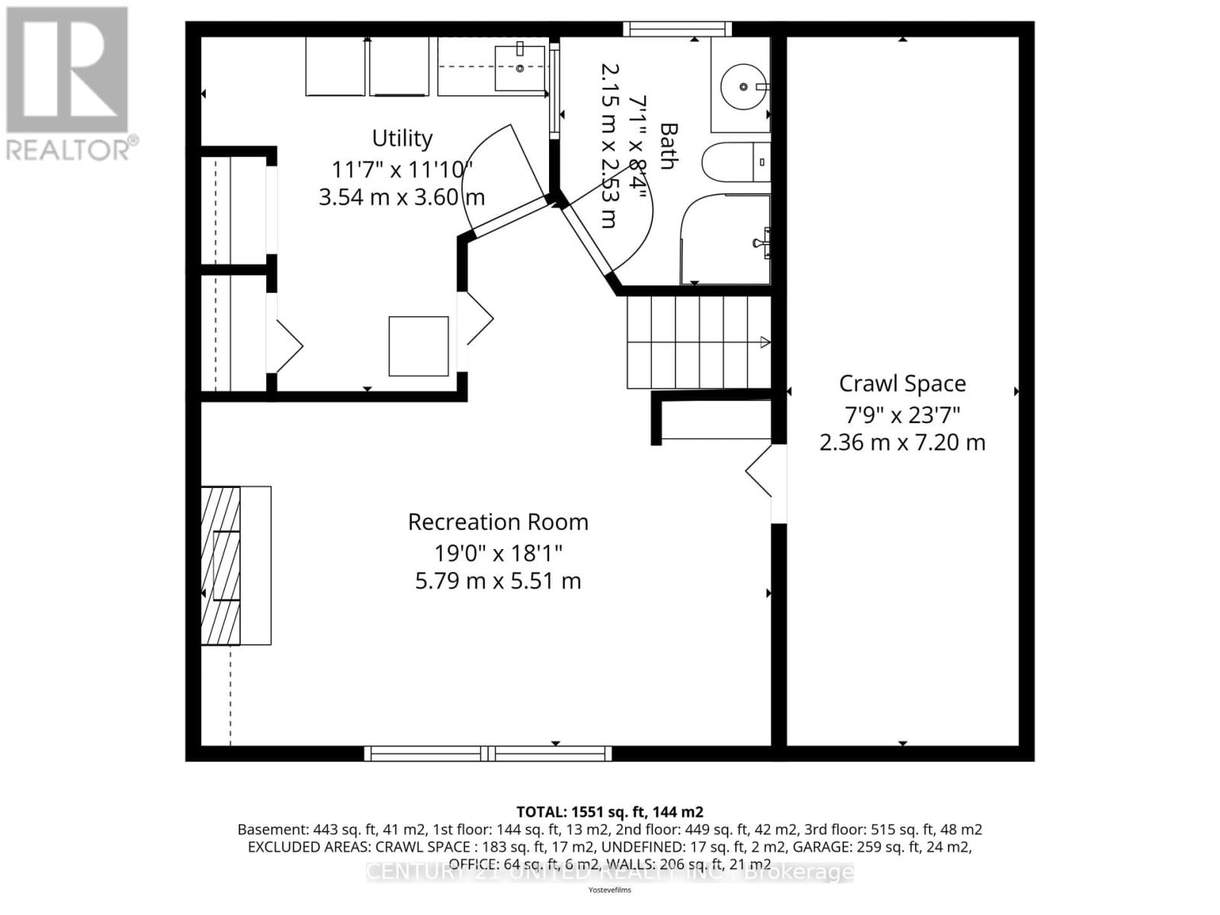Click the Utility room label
pos(402,138)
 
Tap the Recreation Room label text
pos(498,522)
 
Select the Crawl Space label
pos(902,384)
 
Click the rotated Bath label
pos(668,146)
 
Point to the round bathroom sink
pos(743,86)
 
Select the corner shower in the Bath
pos(724,240)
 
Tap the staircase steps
pos(698,342)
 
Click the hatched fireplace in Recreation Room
pos(221,566)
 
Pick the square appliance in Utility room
pos(419,346)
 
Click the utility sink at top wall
pos(520,67)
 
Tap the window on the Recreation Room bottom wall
pos(488,753)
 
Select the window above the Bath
pos(677,29)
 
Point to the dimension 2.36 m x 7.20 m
pos(902,442)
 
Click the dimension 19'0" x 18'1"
pos(498,552)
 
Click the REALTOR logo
pos(69,84)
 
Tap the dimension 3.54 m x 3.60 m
pos(401,197)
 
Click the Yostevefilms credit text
pos(609,890)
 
